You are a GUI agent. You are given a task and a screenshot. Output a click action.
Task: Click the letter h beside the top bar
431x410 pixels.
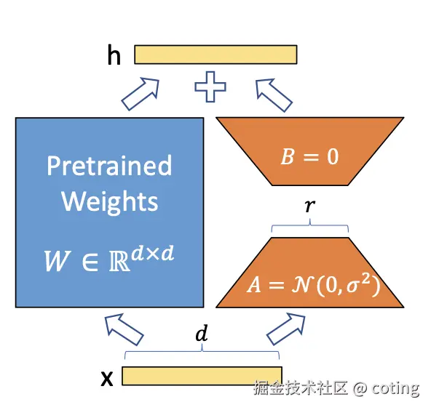114,55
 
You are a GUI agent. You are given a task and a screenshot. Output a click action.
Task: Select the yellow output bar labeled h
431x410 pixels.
215,55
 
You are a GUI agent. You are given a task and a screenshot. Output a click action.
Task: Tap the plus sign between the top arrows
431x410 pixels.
210,87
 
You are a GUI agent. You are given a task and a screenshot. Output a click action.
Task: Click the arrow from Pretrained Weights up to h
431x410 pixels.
141,94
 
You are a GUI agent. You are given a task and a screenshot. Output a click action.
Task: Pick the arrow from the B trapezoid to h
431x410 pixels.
274,95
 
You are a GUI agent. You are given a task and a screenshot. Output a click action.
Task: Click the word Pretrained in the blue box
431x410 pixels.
109,166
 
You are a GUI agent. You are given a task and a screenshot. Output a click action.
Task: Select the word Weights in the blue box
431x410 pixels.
110,201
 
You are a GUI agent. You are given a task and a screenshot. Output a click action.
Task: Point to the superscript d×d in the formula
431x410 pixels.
153,253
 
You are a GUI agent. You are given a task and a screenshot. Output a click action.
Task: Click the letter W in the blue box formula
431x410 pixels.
56,261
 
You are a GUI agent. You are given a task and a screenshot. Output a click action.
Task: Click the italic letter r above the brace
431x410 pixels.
310,206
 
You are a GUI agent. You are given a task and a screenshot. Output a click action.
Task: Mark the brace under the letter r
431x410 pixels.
310,225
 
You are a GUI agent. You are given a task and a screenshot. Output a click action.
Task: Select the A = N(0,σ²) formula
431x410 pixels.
313,284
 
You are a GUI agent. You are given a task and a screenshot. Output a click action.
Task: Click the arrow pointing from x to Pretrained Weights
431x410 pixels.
124,329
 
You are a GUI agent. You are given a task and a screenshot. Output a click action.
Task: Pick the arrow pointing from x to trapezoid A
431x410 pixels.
286,329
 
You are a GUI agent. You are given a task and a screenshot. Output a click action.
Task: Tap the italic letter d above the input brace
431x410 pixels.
202,333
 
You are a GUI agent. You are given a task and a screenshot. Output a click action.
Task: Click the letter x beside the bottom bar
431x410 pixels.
107,378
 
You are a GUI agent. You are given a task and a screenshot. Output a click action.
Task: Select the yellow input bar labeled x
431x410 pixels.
202,376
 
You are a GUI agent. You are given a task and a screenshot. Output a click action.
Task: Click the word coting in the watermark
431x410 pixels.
395,389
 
